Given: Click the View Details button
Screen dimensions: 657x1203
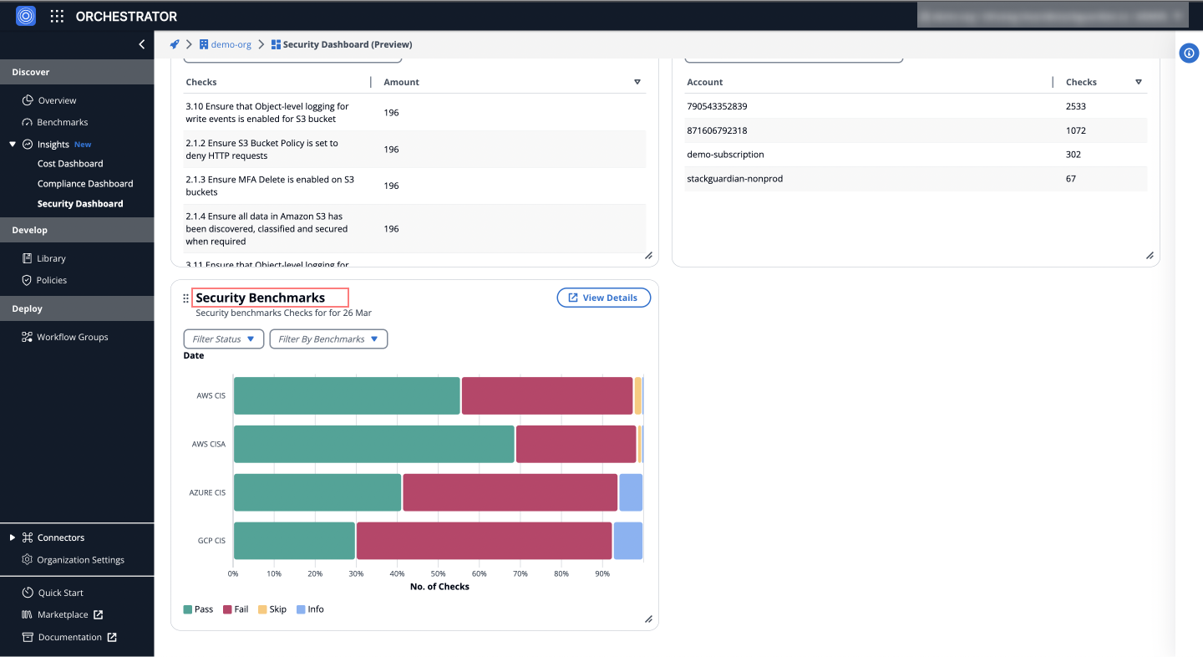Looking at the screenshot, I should (x=603, y=298).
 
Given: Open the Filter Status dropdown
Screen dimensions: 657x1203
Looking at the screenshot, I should (x=223, y=339).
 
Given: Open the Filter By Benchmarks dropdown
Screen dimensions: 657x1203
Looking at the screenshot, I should (x=327, y=339).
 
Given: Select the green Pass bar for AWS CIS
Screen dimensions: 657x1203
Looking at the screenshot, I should (x=347, y=395).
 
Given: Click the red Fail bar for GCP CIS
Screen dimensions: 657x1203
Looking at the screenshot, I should (x=484, y=541).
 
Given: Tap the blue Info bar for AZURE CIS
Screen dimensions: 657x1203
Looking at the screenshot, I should (x=631, y=492).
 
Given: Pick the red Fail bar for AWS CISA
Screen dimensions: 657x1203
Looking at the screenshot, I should (x=576, y=444).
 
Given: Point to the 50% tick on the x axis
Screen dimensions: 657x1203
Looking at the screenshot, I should (x=438, y=573).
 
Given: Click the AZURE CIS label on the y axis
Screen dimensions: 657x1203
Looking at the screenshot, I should (x=208, y=492).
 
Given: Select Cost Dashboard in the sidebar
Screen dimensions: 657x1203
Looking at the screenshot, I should (x=70, y=164).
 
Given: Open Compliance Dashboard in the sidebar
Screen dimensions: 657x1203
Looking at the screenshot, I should (x=85, y=184).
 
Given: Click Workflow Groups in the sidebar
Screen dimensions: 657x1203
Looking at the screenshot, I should (x=72, y=337).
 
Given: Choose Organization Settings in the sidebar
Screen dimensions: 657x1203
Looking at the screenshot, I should (x=80, y=560).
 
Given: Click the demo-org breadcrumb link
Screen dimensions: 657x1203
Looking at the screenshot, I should (x=231, y=44).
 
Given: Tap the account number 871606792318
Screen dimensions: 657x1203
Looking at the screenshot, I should (x=717, y=130).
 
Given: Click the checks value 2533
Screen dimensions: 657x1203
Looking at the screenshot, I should (x=1076, y=106).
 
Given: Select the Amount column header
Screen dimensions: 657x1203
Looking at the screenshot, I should (x=401, y=82).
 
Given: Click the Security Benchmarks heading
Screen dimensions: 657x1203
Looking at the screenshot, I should (x=261, y=298).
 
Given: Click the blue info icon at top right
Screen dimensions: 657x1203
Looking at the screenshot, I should (x=1189, y=53).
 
